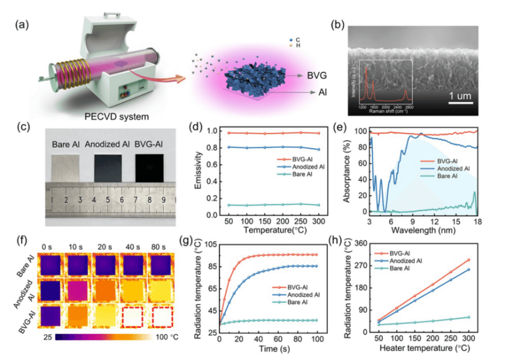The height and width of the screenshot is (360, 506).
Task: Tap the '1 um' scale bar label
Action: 460,96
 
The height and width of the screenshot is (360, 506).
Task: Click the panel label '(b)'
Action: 336,24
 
